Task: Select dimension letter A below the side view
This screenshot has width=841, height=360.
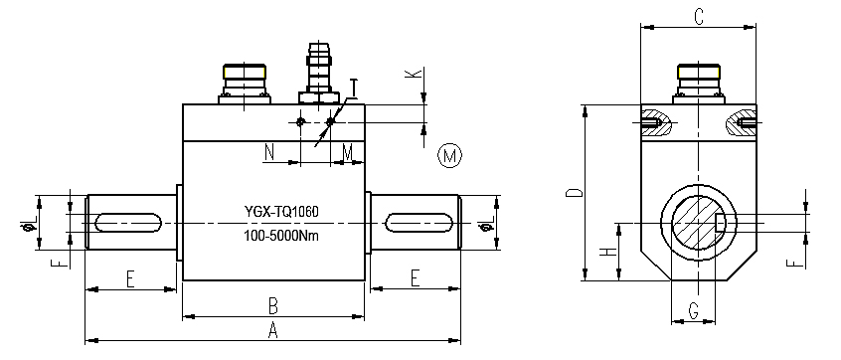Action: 273,331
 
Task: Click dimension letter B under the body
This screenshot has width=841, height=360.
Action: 273,307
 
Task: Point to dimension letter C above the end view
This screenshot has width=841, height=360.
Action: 698,17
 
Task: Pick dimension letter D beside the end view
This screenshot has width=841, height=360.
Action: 574,193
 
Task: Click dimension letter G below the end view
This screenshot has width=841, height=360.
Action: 693,310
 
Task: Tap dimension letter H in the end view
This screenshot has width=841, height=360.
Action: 606,251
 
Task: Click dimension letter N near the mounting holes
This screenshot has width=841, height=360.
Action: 269,152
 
